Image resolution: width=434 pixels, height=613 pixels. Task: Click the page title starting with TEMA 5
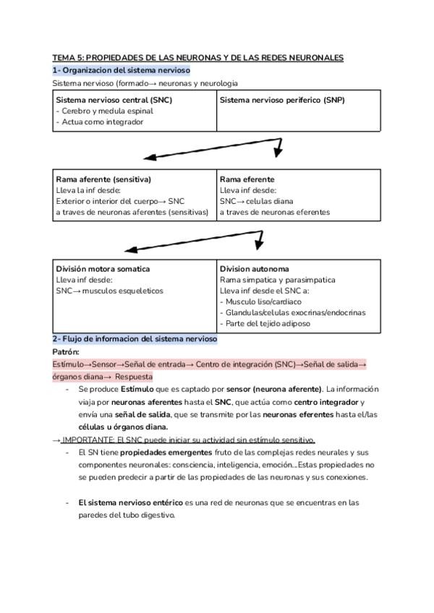pyautogui.click(x=197, y=57)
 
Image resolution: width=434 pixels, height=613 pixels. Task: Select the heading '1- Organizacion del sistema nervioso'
pyautogui.click(x=121, y=70)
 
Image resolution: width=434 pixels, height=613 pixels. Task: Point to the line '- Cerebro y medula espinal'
pyautogui.click(x=104, y=111)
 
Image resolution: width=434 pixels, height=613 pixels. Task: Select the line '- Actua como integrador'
pyautogui.click(x=99, y=122)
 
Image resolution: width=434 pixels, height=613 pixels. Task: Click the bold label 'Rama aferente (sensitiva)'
pyautogui.click(x=103, y=179)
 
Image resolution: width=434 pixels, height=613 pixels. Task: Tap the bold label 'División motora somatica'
pyautogui.click(x=103, y=269)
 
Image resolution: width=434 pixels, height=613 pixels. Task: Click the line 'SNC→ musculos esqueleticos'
pyautogui.click(x=109, y=291)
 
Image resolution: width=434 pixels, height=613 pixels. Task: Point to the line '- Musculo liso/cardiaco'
pyautogui.click(x=261, y=301)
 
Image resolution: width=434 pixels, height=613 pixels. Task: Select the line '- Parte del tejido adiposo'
pyautogui.click(x=265, y=323)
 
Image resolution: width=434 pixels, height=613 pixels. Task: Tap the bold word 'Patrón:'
pyautogui.click(x=66, y=351)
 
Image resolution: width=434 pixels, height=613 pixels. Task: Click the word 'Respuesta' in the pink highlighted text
pyautogui.click(x=134, y=377)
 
